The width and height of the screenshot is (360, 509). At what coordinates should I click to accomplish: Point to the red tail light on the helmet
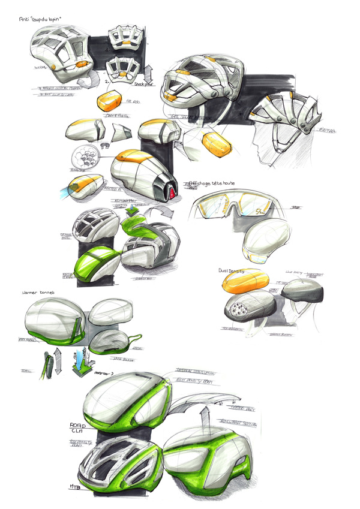point(173,192)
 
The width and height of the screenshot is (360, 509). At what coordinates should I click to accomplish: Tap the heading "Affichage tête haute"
point(212,184)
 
